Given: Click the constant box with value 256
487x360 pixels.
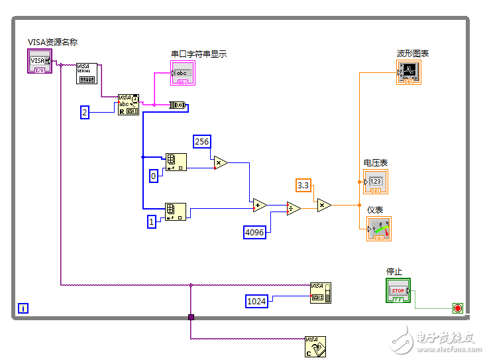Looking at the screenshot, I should [x=202, y=141].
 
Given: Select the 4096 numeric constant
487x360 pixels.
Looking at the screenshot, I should [x=254, y=232].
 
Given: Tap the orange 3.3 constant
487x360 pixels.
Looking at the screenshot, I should [x=303, y=185].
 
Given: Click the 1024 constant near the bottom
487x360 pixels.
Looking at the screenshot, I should [x=256, y=301].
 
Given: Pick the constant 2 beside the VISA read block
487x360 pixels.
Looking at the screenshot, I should [x=85, y=112].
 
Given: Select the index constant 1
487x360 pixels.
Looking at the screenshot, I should [x=152, y=222].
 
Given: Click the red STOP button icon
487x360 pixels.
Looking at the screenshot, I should [x=398, y=290].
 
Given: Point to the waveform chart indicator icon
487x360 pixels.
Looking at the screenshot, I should [x=408, y=72].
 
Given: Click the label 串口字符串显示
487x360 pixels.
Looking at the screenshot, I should [x=199, y=54].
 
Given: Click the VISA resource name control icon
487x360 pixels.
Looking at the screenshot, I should [x=39, y=62].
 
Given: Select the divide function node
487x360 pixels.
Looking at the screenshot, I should [x=293, y=208].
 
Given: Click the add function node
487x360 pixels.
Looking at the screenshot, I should [x=259, y=206].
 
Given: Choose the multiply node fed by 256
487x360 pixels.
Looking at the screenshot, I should [x=221, y=162].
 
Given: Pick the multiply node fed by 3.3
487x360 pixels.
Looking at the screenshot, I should [x=324, y=206].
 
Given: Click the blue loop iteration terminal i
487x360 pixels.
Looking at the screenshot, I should [x=24, y=308].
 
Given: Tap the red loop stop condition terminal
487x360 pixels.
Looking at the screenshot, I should [x=457, y=308].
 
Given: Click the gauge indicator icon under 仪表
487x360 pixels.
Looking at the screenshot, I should [x=378, y=229].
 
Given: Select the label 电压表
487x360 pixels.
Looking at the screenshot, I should [x=375, y=162].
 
